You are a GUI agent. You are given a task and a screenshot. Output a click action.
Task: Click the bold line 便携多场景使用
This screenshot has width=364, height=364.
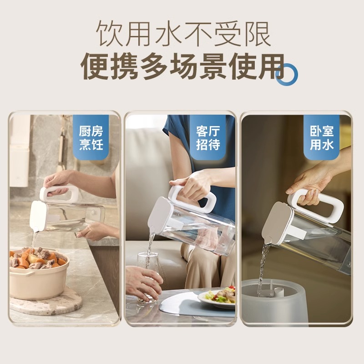click(182, 66)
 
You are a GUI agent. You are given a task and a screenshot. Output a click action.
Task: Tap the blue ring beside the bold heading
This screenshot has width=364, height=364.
click(287, 74)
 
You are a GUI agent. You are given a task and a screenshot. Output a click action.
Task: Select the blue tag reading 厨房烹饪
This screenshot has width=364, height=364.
click(91, 138)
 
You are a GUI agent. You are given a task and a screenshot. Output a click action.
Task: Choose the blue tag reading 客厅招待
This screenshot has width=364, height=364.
click(208, 138)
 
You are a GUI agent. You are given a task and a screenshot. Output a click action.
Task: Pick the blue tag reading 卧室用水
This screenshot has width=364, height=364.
click(322, 138)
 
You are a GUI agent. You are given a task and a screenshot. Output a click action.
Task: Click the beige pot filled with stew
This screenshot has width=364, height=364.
click(39, 278)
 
